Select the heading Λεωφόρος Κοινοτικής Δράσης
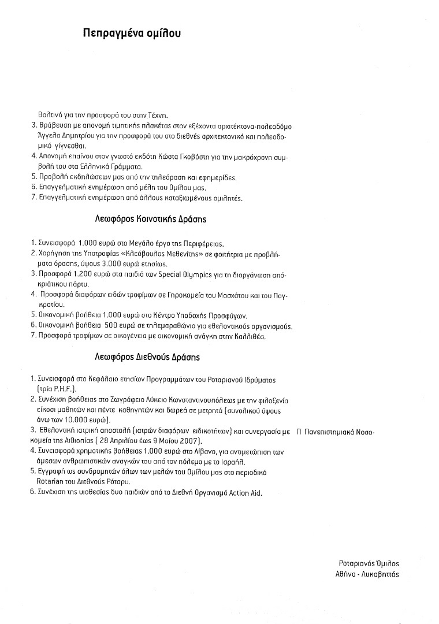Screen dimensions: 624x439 coord(151,220)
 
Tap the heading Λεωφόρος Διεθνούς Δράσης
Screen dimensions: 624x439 coord(148,357)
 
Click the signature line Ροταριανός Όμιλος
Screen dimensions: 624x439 coord(369,563)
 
